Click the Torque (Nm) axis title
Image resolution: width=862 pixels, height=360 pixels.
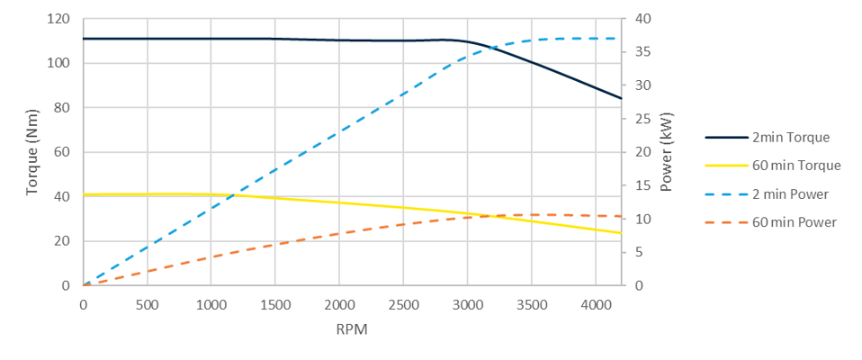click(x=32, y=152)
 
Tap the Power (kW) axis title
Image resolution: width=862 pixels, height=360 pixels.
click(x=667, y=152)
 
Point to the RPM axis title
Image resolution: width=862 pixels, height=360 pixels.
click(x=352, y=329)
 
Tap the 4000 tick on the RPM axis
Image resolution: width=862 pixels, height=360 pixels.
click(x=595, y=304)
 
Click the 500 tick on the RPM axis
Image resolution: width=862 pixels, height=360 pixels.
click(x=148, y=304)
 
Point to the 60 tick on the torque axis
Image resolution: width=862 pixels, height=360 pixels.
click(x=62, y=152)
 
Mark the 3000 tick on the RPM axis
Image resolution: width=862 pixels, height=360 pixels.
click(x=467, y=304)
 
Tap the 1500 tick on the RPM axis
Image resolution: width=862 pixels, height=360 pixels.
click(x=275, y=304)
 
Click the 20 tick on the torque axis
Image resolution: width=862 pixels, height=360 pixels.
click(x=62, y=241)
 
